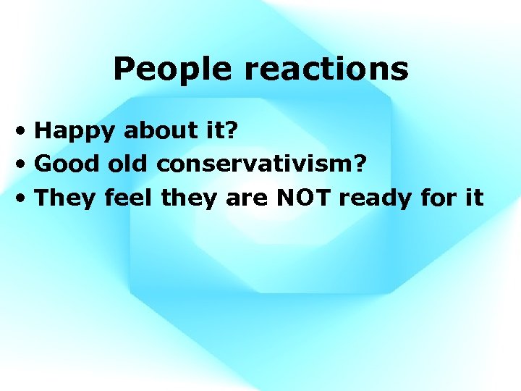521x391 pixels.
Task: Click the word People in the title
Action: point(173,70)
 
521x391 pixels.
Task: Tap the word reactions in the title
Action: point(326,70)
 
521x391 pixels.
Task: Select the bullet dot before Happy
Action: point(25,131)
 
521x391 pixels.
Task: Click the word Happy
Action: point(75,131)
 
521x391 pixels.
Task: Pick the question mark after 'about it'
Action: point(232,130)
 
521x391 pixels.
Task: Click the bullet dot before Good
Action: point(25,164)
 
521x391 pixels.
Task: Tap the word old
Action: point(127,164)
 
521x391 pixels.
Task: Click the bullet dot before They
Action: point(25,198)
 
